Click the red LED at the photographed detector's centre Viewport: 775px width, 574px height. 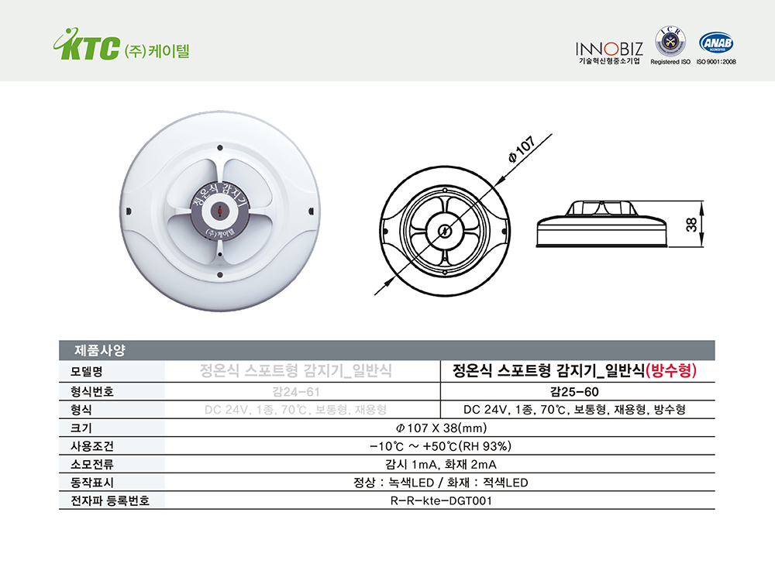click(219, 211)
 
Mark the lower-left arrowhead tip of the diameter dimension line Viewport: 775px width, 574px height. click(395, 277)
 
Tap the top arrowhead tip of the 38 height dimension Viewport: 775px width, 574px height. click(702, 201)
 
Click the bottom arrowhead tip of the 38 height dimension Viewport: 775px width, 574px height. click(702, 246)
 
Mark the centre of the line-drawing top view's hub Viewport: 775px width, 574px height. click(444, 231)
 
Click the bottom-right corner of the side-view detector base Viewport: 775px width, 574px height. click(667, 246)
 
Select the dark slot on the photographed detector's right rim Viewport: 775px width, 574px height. click(311, 211)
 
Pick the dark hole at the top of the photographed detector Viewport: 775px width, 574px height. click(220, 147)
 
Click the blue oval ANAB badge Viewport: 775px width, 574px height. click(715, 43)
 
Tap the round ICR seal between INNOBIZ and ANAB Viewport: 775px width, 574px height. click(670, 42)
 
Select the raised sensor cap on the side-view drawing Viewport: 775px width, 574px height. click(600, 208)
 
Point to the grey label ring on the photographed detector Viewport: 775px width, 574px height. click(219, 211)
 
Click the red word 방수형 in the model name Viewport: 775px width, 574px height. click(671, 370)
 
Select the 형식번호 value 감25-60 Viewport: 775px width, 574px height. click(574, 392)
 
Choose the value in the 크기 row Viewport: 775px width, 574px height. click(441, 428)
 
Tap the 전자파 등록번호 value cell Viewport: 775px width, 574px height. click(441, 501)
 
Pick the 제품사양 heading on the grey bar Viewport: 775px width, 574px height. click(100, 350)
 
